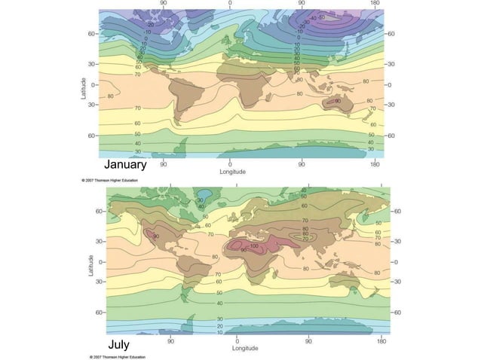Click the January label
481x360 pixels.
pos(124,164)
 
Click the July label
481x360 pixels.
pos(118,344)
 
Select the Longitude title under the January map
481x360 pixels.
pos(232,172)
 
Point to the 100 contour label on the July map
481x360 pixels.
pos(254,246)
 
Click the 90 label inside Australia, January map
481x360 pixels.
pos(337,101)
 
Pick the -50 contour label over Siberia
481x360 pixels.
pos(323,17)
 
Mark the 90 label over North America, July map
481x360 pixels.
pos(157,236)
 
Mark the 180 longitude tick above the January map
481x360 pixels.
pos(374,3)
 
